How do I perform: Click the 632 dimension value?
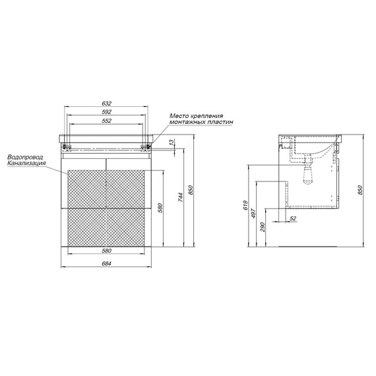pyautogui.click(x=107, y=104)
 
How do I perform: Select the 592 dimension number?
pyautogui.click(x=107, y=112)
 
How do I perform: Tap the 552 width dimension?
pyautogui.click(x=107, y=121)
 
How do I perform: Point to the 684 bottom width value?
pyautogui.click(x=107, y=264)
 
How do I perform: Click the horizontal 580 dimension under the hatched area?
pyautogui.click(x=107, y=251)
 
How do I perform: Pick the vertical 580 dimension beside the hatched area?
pyautogui.click(x=160, y=208)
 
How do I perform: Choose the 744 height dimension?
pyautogui.click(x=181, y=197)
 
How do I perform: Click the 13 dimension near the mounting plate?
pyautogui.click(x=172, y=142)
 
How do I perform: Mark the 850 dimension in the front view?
pyautogui.click(x=191, y=190)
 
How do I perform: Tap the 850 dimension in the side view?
pyautogui.click(x=360, y=190)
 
